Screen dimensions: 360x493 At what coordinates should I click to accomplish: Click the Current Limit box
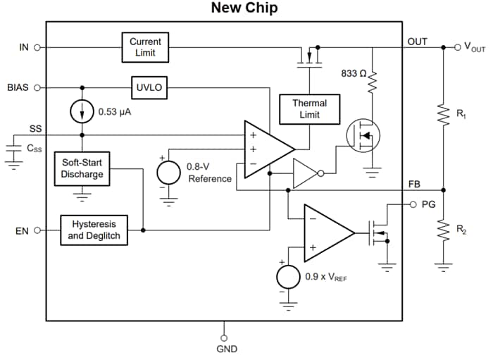point(145,47)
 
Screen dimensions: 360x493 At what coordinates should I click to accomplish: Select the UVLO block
point(149,88)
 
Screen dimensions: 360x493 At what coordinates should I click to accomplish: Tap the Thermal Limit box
point(309,109)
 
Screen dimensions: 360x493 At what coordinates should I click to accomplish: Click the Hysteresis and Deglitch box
point(95,230)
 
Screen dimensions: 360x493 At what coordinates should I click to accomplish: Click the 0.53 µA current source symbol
point(82,111)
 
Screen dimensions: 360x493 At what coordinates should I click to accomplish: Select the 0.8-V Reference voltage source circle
point(168,172)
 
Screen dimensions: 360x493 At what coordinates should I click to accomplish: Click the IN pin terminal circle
point(37,47)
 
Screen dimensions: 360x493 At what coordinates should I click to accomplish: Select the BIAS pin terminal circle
point(37,88)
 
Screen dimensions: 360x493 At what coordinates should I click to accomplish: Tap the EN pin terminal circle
point(37,230)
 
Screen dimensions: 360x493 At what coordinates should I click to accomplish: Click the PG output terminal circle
point(413,205)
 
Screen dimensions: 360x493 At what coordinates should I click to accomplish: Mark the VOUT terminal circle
point(456,47)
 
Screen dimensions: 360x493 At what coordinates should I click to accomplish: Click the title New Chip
point(244,8)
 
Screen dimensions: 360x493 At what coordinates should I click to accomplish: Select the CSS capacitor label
point(33,149)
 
